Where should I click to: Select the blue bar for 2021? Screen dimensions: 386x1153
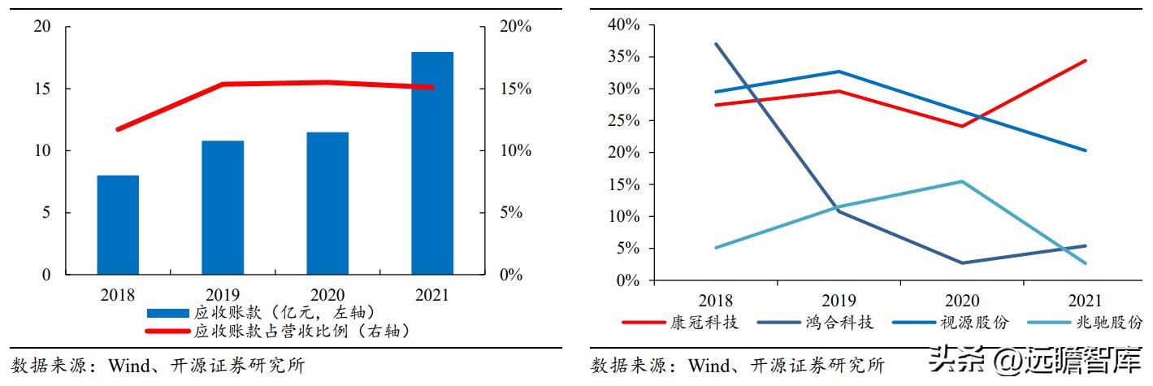tap(431, 163)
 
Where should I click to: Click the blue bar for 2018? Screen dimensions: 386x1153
tap(118, 225)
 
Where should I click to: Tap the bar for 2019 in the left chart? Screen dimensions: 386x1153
tap(223, 207)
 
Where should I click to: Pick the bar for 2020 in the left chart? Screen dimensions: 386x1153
tap(327, 203)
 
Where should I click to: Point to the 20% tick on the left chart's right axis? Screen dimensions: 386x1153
tap(514, 27)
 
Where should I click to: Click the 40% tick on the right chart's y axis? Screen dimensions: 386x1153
tap(624, 25)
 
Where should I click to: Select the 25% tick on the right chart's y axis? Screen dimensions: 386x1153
tap(624, 121)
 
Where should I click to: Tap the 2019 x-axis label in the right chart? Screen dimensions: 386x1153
tap(839, 301)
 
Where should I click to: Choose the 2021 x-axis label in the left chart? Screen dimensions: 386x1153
tap(431, 295)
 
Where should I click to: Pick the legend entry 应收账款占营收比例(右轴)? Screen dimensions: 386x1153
tap(301, 331)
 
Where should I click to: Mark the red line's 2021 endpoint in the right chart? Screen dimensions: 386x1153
tap(1086, 61)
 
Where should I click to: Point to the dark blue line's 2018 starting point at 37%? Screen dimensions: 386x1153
tap(715, 44)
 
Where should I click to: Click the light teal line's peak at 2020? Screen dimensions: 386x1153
tap(962, 181)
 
